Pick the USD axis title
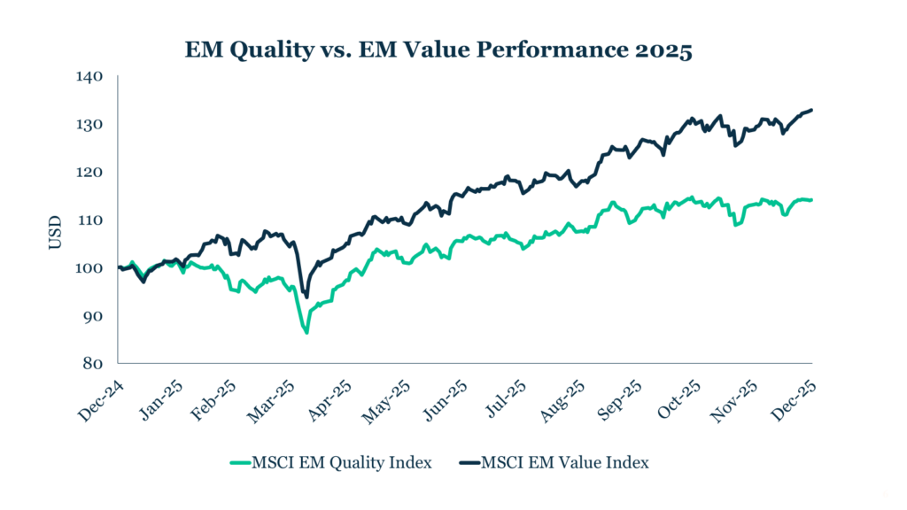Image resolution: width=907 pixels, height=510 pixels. click(x=56, y=231)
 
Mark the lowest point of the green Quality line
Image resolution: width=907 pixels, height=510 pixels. click(x=306, y=333)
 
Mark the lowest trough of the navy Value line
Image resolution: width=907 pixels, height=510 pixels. click(x=306, y=297)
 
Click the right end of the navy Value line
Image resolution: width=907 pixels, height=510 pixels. click(x=812, y=110)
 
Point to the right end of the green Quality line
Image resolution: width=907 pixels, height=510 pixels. click(x=812, y=200)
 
